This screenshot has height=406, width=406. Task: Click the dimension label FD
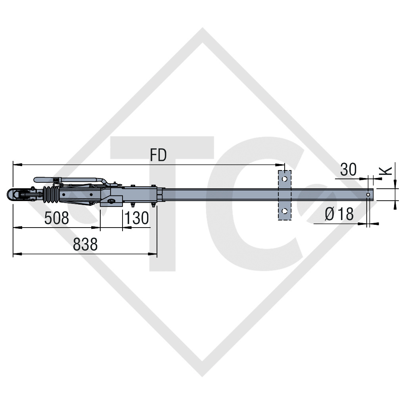point(158,155)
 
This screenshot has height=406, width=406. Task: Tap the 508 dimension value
point(57,218)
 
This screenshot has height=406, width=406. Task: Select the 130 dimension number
point(137,218)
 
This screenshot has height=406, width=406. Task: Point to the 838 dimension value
point(85,245)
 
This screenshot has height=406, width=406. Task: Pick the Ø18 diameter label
point(339,214)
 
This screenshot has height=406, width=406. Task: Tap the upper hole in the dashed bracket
point(284,179)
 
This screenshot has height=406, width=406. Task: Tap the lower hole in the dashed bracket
point(284,211)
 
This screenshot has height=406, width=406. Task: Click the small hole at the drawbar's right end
point(369,195)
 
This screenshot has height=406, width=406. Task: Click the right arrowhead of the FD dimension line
point(280,164)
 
